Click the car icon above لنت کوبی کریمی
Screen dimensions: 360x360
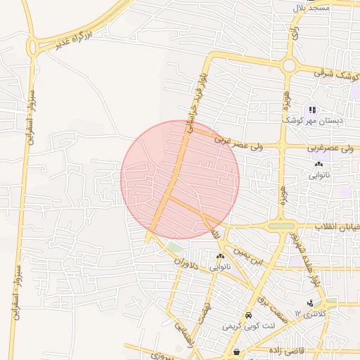click(249, 315)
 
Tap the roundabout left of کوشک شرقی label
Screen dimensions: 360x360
click(289, 65)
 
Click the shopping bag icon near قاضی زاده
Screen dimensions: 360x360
click(236, 352)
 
